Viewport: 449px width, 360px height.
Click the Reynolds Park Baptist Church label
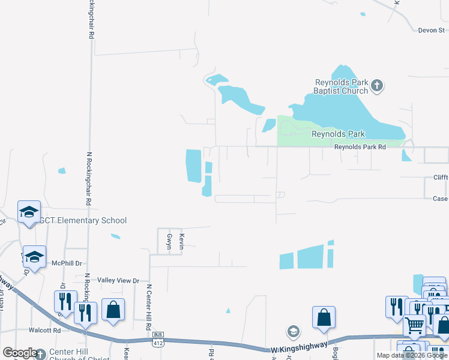pos(342,86)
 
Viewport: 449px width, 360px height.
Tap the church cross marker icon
pos(377,85)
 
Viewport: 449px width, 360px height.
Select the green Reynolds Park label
pos(338,134)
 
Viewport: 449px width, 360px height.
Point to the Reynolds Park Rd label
pos(359,146)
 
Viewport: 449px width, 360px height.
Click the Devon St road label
pos(431,29)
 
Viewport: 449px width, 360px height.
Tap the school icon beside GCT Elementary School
pos(29,212)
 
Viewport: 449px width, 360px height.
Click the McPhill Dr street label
pos(66,263)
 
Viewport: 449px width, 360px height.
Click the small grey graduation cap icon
pos(293,331)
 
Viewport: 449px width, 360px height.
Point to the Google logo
pos(20,353)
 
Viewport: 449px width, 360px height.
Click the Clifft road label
pos(441,178)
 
